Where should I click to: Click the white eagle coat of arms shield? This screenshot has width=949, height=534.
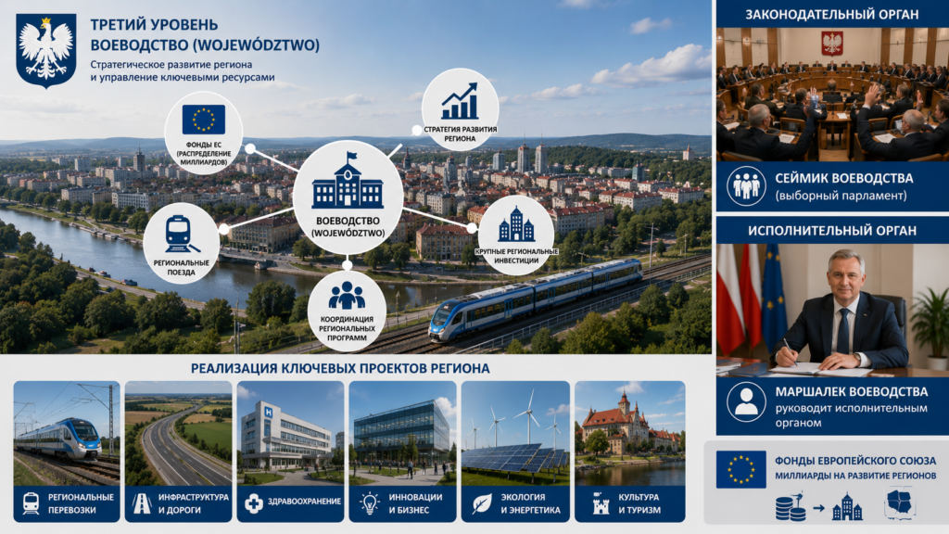46,50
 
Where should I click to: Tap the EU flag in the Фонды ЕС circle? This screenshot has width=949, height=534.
203,120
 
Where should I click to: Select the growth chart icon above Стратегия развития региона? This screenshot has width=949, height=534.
460,102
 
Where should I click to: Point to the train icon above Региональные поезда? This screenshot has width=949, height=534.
181,235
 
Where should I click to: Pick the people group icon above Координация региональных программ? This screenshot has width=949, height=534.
347,296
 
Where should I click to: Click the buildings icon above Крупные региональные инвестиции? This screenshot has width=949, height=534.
516,224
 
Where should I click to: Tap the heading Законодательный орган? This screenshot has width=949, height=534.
831,15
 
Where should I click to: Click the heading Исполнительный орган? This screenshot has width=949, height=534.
831,231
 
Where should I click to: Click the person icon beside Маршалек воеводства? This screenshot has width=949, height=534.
746,401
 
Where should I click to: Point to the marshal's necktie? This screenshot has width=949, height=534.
843,331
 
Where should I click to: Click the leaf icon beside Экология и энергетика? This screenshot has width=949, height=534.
482,503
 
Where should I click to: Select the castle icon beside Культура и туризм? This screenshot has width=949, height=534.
601,503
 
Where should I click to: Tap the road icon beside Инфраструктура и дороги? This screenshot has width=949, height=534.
142,503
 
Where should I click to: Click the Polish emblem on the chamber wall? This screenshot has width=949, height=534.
831,44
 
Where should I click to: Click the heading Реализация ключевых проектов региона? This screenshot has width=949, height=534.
340,368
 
